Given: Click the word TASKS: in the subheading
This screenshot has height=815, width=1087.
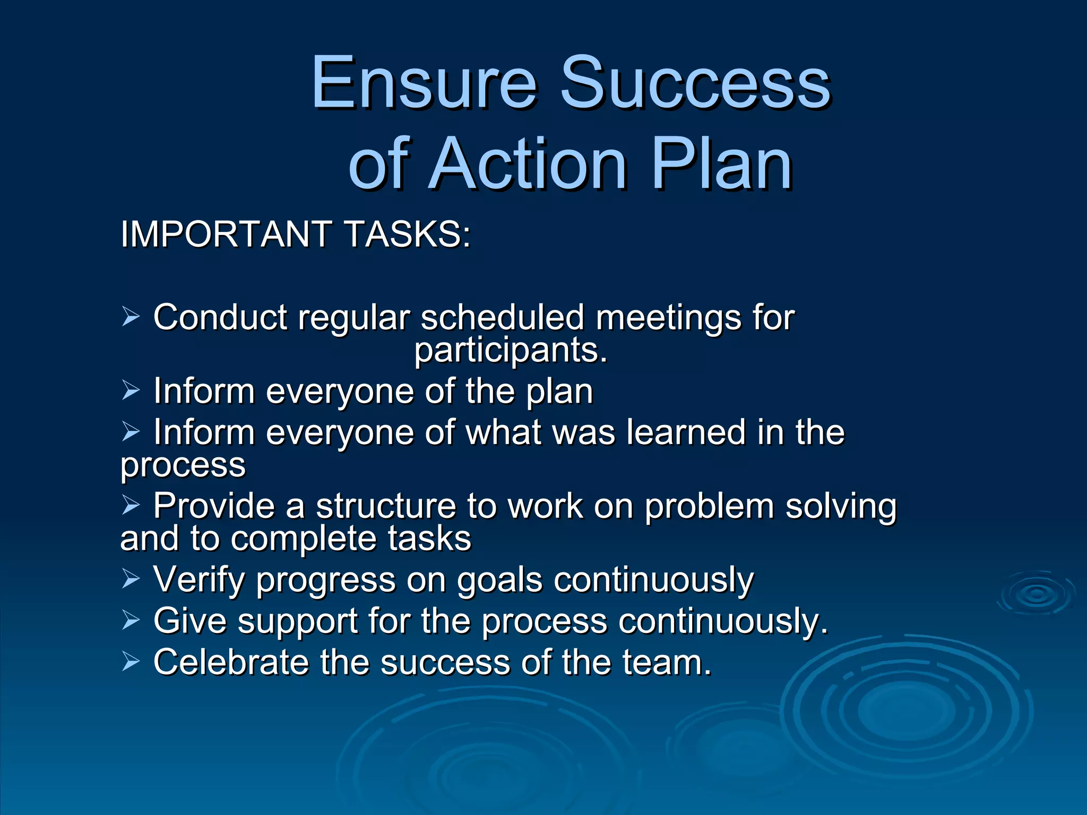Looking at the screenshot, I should coord(407,234).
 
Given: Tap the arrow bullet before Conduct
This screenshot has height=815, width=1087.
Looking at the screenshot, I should coord(131,317).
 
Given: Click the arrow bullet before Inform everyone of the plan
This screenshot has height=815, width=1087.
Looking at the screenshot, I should coord(131,391).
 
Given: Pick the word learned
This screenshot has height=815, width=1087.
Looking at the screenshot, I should coord(686,432).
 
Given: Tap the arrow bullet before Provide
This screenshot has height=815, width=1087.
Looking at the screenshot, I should coord(131,505).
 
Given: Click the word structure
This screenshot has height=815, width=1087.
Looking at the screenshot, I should coord(386,506).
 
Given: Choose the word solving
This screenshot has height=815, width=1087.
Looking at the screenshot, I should coord(841,507).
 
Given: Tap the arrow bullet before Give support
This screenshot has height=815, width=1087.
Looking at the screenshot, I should coord(131,620).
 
